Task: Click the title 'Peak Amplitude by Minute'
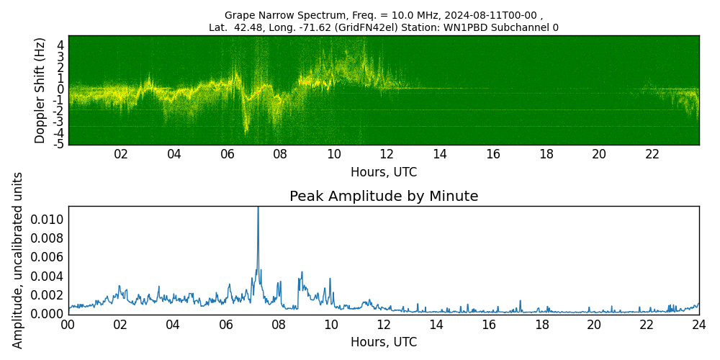click(384, 197)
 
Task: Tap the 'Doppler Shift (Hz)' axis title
click(40, 90)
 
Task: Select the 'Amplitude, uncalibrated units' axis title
click(18, 260)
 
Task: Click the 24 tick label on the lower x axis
click(699, 325)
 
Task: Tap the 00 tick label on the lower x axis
click(68, 325)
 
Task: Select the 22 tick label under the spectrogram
click(652, 154)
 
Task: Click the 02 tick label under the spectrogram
click(121, 154)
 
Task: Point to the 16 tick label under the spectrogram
click(493, 154)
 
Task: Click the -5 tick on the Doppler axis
click(60, 144)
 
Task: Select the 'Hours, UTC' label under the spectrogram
click(384, 172)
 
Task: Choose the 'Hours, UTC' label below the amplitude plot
click(384, 342)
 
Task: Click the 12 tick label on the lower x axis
click(384, 325)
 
